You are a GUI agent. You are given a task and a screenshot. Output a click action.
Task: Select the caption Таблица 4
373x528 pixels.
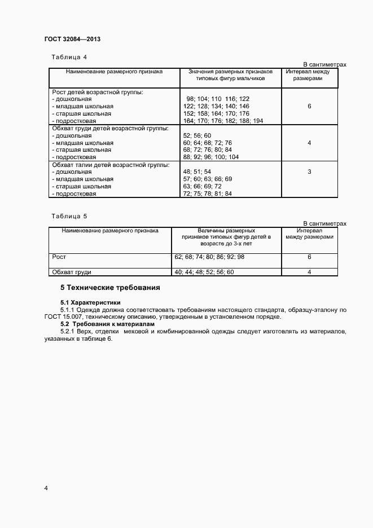coord(69,57)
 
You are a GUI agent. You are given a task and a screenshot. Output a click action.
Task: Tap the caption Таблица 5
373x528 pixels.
coord(69,216)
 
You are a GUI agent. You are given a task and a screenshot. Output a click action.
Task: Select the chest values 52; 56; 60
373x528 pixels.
coord(197,135)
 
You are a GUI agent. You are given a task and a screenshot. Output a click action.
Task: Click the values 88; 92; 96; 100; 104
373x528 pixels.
coord(211,157)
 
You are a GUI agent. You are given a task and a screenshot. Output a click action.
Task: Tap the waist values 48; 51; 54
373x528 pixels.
coord(197,171)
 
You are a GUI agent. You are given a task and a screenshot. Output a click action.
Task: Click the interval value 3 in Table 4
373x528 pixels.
coord(309,171)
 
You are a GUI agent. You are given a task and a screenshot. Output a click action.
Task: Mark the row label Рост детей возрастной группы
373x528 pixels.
coord(97,91)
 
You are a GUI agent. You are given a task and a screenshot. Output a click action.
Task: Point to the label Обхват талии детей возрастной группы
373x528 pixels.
coord(111,164)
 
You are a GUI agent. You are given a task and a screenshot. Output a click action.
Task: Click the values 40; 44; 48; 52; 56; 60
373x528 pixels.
coord(204,272)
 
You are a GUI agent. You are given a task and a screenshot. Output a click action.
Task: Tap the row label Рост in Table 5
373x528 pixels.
coord(59,257)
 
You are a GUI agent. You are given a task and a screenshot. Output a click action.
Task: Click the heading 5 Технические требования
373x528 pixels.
coord(110,288)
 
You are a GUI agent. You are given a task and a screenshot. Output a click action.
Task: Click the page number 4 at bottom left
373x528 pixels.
coord(46,487)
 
